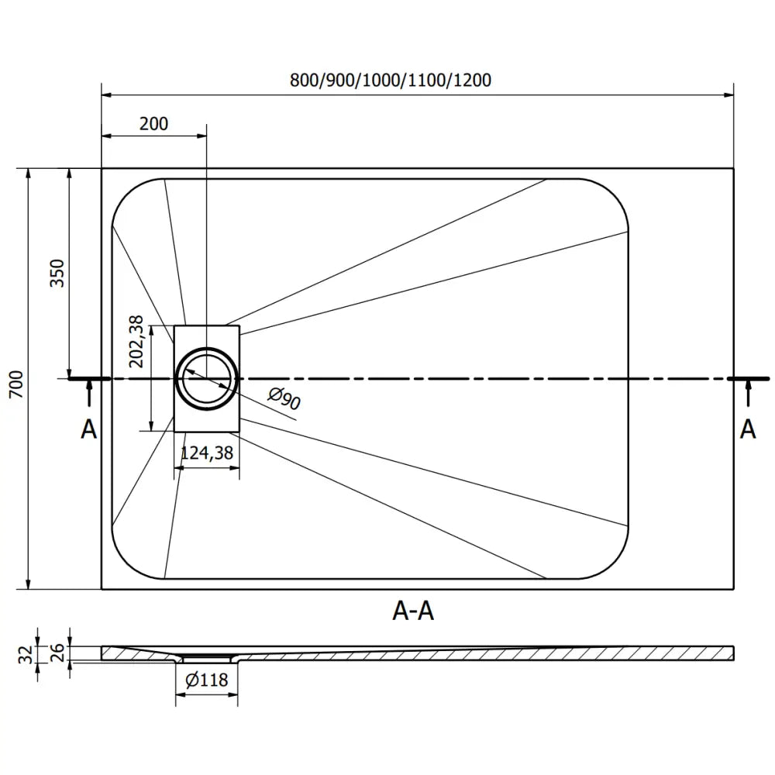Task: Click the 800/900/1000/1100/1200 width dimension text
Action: [x=391, y=80]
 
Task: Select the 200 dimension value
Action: [x=153, y=123]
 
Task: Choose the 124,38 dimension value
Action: [x=207, y=454]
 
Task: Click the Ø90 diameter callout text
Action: [x=284, y=399]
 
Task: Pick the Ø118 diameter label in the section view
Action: [x=207, y=680]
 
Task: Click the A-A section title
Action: [x=413, y=612]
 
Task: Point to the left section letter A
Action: [x=89, y=429]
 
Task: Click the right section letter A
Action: [x=747, y=429]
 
